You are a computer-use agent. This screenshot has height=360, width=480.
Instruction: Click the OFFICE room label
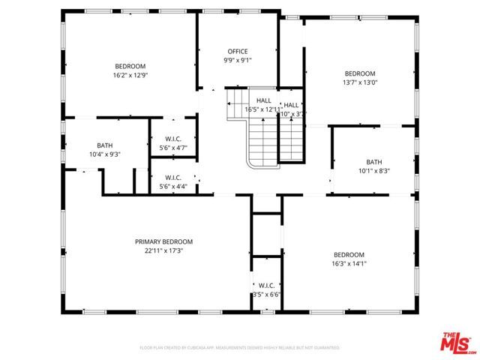click(237, 52)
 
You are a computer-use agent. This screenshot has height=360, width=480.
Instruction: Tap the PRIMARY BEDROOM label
click(163, 241)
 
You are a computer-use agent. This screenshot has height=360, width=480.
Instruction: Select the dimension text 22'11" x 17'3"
click(163, 250)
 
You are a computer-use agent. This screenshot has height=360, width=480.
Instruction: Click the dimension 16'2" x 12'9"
click(130, 75)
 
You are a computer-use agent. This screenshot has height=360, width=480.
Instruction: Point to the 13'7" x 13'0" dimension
click(359, 82)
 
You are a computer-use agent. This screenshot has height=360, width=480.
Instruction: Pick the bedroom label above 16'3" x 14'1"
click(349, 254)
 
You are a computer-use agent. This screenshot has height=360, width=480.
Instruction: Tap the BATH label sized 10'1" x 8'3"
click(373, 162)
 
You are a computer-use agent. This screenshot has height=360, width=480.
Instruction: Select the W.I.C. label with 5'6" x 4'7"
click(173, 139)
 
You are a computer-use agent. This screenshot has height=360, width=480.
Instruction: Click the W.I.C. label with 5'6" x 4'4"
click(173, 178)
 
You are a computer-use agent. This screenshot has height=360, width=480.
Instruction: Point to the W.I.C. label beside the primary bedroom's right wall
click(266, 286)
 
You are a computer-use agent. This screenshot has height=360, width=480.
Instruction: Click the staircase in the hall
click(264, 139)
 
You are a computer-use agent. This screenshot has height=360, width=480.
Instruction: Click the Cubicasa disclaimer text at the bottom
click(240, 348)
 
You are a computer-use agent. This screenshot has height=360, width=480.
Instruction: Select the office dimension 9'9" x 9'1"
click(237, 60)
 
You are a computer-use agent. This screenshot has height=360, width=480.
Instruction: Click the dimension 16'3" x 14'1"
click(349, 263)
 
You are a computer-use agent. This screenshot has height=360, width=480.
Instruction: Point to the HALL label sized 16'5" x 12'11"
click(264, 100)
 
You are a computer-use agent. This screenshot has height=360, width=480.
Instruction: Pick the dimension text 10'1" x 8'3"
click(373, 171)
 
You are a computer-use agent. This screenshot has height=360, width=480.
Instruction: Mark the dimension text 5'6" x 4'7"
click(173, 148)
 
